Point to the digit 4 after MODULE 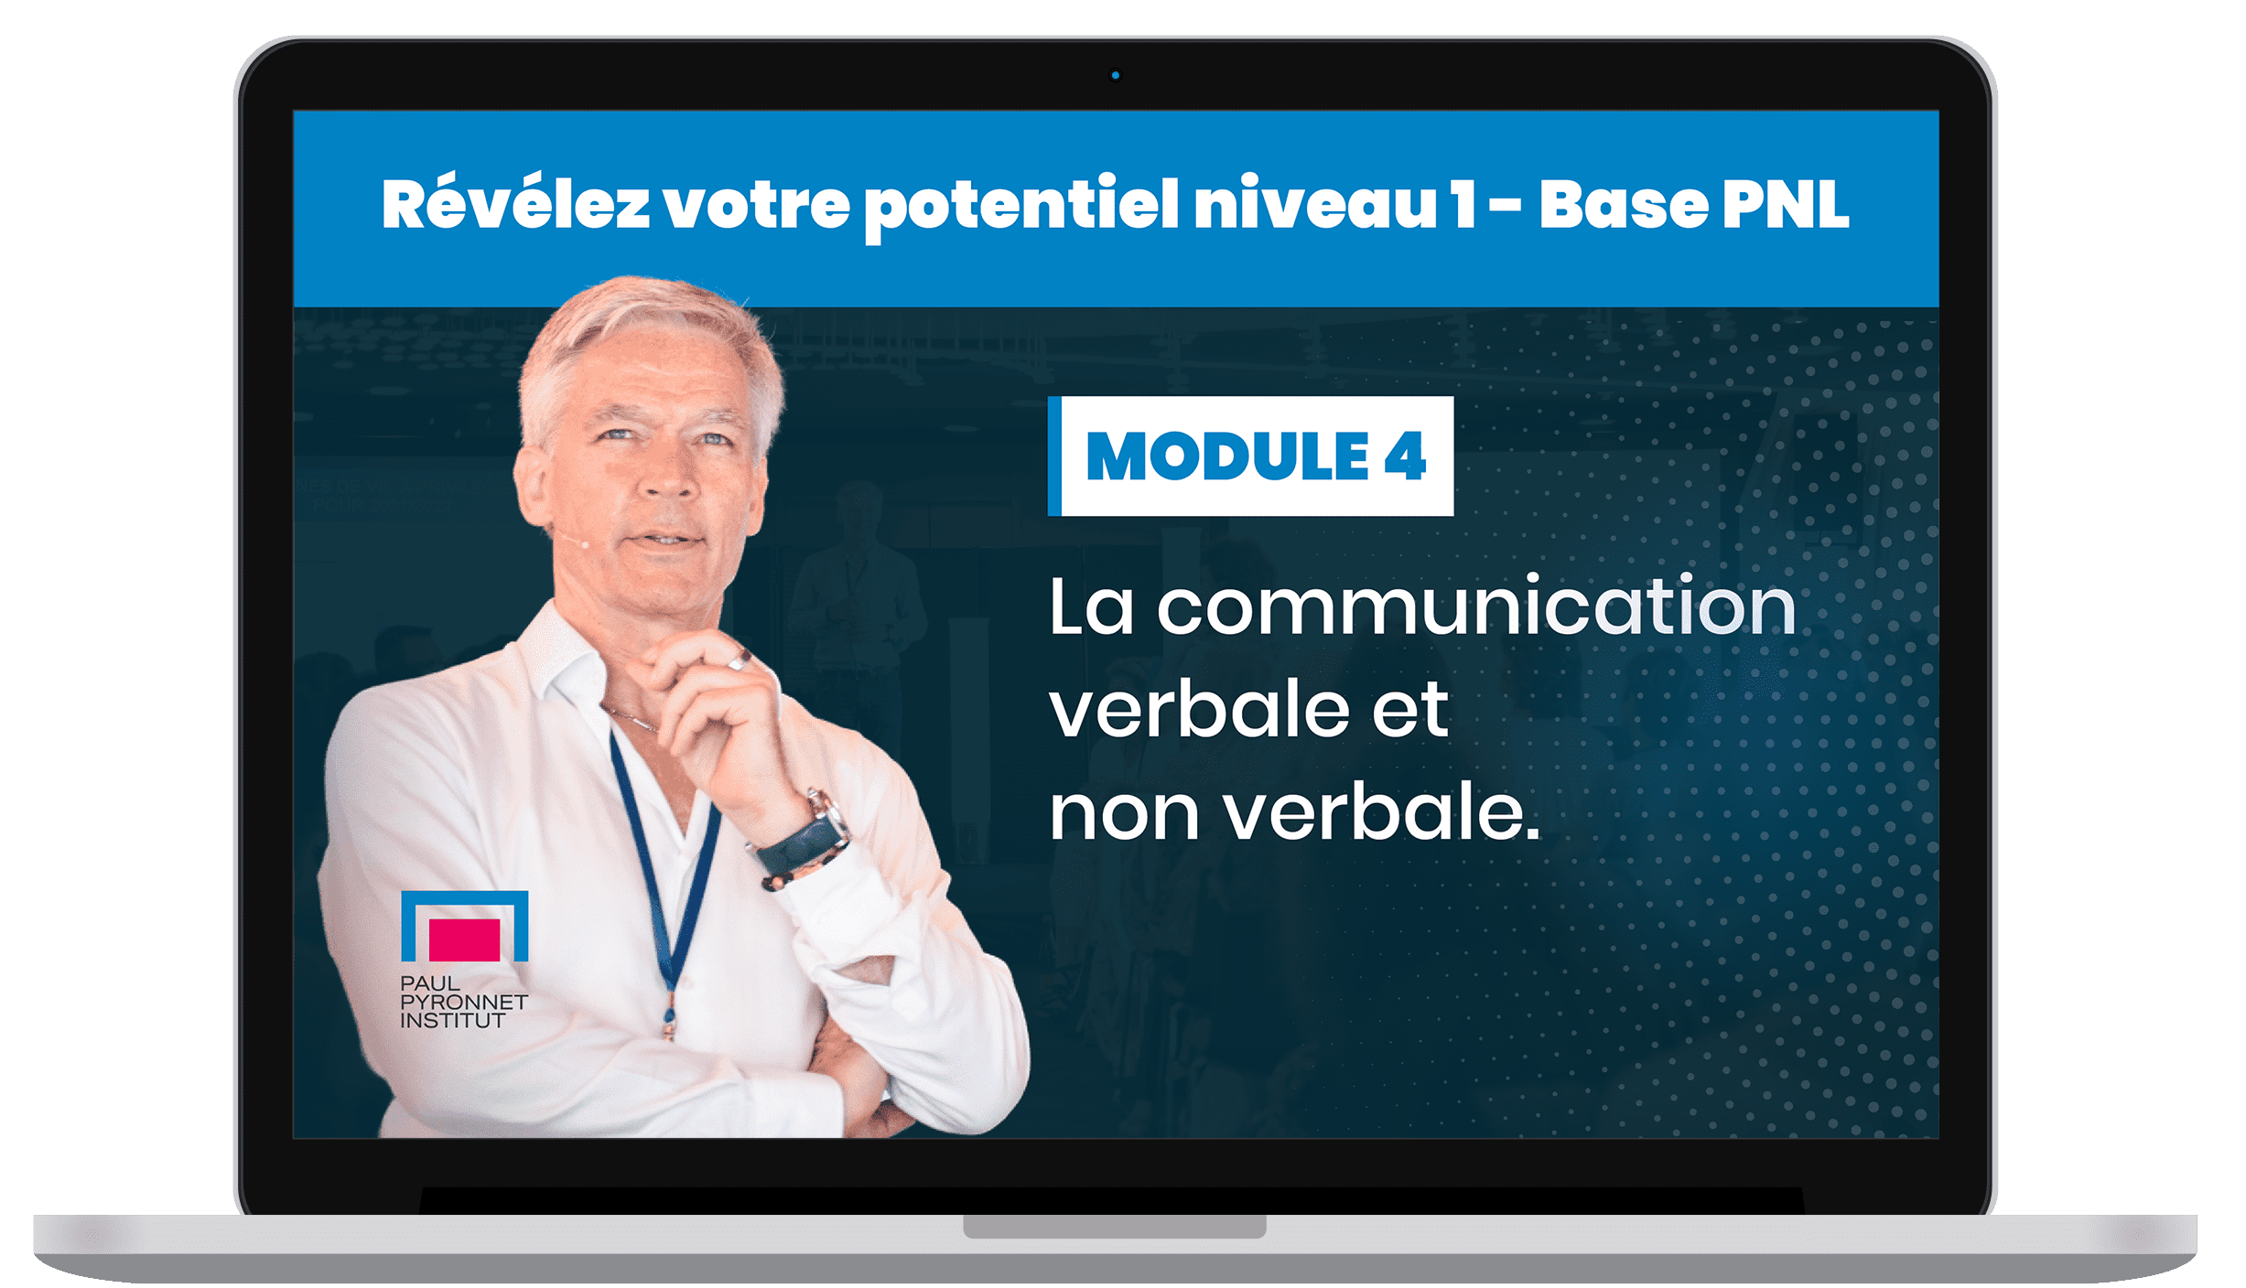tap(1406, 456)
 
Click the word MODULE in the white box tap(1227, 456)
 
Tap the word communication tap(1476, 606)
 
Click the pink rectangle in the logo tap(464, 939)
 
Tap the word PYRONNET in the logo tap(463, 1002)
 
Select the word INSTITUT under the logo tap(452, 1020)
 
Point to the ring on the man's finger tap(738, 659)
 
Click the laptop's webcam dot tap(1115, 75)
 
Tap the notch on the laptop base tap(1114, 1226)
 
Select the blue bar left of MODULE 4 tap(1054, 456)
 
